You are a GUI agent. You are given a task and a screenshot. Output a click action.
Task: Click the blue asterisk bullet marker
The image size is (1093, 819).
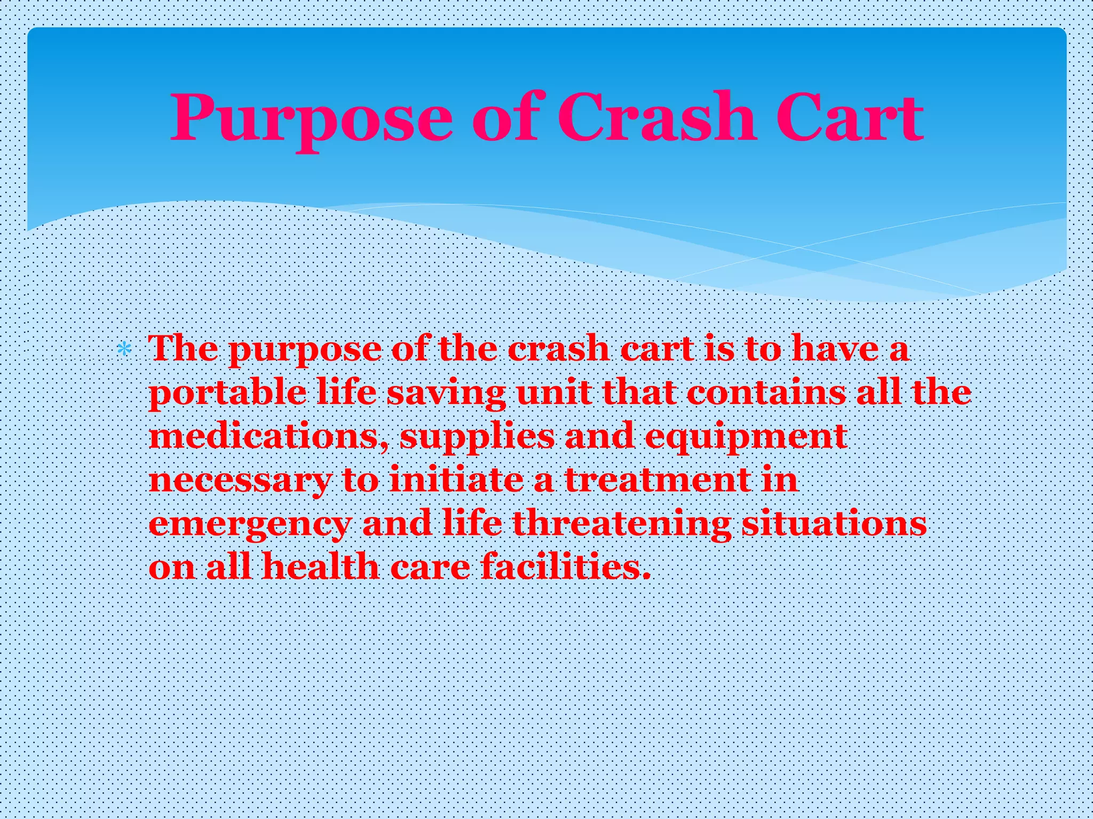coord(124,350)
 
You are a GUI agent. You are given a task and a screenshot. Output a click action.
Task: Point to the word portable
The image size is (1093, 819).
coord(227,394)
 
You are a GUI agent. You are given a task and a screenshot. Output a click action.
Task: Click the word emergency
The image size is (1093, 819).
coord(250,525)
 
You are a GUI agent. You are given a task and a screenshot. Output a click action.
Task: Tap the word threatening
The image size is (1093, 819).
coord(622,525)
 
